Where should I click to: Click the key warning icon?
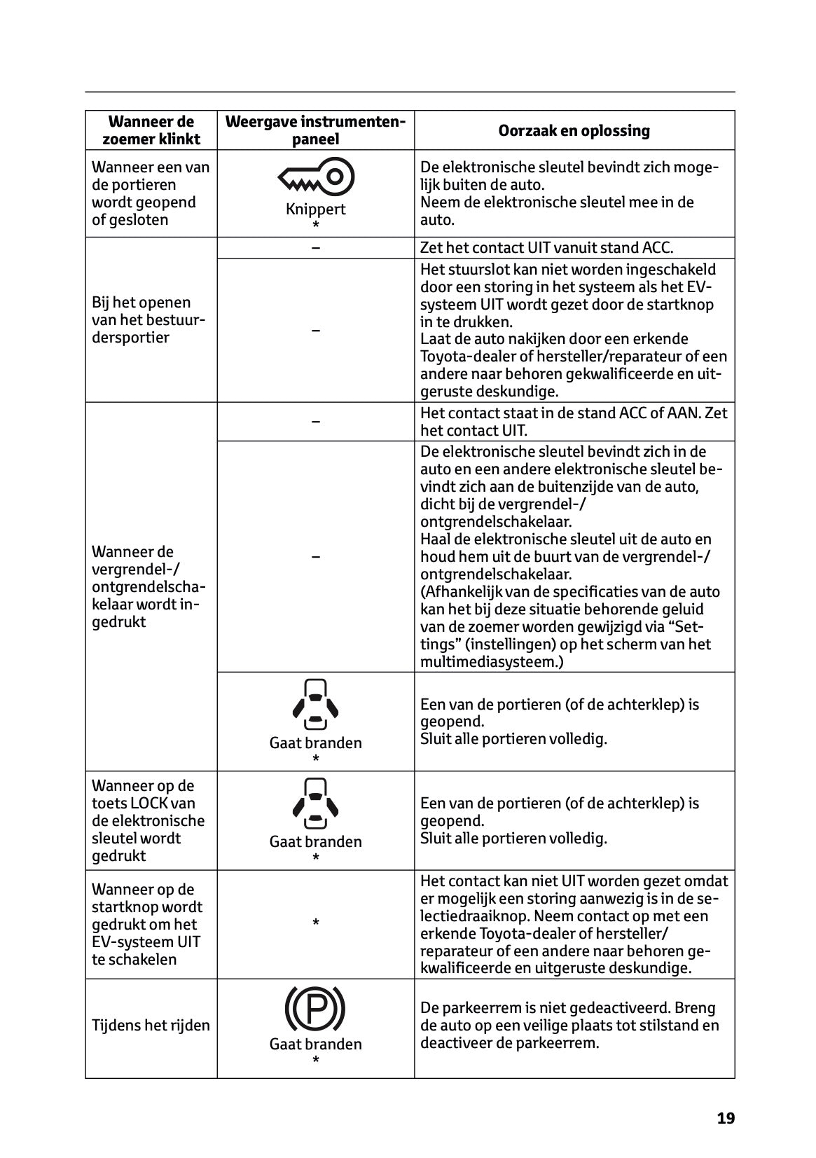[x=316, y=177]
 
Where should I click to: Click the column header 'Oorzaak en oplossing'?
[x=574, y=130]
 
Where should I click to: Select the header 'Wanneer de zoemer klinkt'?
[x=151, y=130]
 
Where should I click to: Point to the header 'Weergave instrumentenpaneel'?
[x=315, y=130]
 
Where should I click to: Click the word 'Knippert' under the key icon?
[x=315, y=209]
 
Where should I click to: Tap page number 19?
[x=726, y=1118]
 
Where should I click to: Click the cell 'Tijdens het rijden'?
[x=151, y=1026]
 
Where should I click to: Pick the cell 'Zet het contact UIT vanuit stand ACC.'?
[x=546, y=248]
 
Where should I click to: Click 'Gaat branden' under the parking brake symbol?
[x=315, y=1044]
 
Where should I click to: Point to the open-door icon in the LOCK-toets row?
[x=315, y=801]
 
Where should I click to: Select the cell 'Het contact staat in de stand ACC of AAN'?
[x=574, y=422]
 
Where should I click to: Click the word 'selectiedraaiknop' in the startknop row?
[x=462, y=916]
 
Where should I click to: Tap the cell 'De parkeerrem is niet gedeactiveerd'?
[x=569, y=1026]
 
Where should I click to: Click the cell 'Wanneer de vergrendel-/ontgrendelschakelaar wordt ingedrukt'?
[x=148, y=587]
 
